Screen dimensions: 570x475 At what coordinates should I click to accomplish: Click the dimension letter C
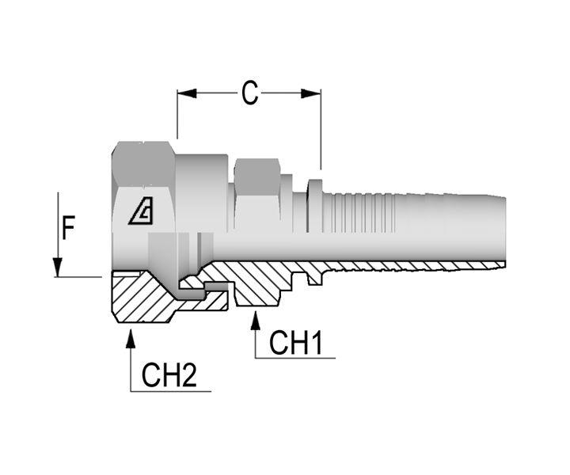(249, 93)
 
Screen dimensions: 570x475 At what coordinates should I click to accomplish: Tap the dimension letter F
(68, 227)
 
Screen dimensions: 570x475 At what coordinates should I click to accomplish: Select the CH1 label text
(295, 342)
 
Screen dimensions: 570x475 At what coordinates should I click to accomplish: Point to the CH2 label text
(169, 375)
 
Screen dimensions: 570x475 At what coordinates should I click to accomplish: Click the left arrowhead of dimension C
(187, 93)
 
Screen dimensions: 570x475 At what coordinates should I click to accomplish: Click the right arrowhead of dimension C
(311, 93)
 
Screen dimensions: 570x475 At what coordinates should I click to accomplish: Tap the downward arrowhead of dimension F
(58, 267)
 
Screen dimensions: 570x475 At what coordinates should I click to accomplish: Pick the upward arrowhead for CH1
(256, 320)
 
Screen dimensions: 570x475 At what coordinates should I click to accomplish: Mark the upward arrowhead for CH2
(131, 338)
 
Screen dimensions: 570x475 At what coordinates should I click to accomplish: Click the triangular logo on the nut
(142, 211)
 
